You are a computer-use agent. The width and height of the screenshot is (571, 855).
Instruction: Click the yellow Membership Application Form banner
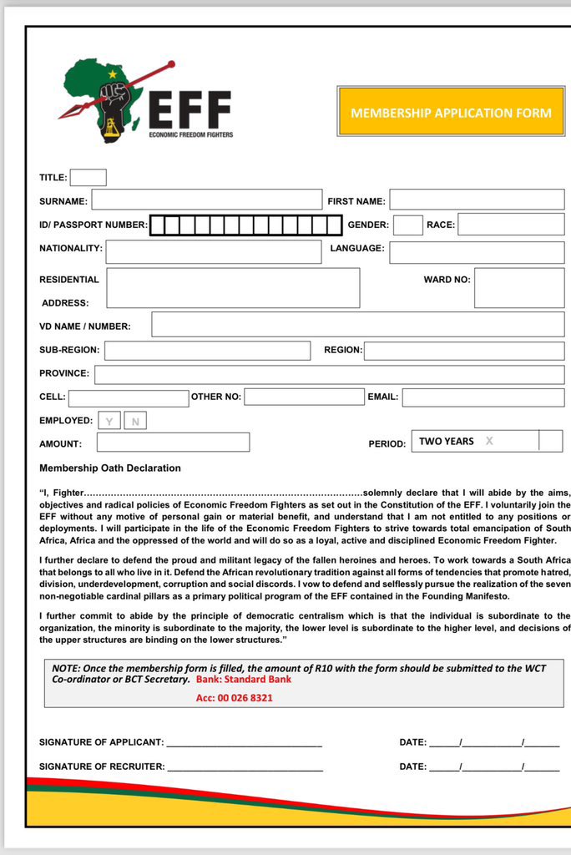(x=451, y=112)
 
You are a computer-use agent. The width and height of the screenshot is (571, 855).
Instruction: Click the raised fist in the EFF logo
(x=113, y=98)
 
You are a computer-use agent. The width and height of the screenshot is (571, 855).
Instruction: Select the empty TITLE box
(x=88, y=177)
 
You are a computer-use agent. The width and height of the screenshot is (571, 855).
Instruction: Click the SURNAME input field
(x=206, y=200)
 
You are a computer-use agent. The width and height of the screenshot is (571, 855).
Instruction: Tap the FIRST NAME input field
(x=477, y=200)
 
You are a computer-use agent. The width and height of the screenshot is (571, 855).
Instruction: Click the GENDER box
(x=408, y=225)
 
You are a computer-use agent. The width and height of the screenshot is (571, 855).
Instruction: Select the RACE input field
(x=511, y=225)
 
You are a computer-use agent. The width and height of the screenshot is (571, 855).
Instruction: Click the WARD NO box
(x=519, y=288)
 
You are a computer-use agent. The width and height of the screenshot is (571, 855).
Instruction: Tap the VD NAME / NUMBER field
(x=357, y=325)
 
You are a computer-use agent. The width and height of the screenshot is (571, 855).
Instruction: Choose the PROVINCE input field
(x=329, y=375)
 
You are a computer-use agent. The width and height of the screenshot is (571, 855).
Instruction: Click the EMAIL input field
(x=483, y=397)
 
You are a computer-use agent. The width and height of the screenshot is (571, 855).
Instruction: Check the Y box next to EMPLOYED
(x=109, y=421)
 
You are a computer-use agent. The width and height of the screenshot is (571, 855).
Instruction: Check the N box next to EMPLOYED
(x=135, y=421)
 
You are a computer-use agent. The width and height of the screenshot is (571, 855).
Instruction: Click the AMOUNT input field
(x=173, y=443)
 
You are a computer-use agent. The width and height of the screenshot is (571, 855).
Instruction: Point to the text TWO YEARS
(x=446, y=441)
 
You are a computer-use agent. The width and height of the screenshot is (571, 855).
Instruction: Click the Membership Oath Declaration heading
(x=110, y=468)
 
